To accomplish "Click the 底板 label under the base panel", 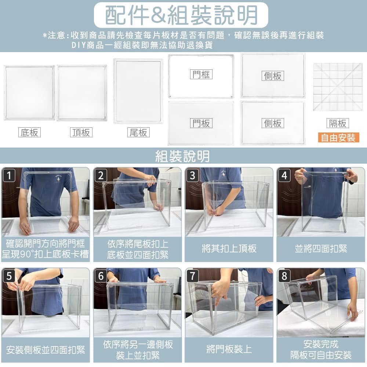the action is pyautogui.click(x=29, y=132).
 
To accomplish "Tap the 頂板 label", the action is pyautogui.click(x=81, y=132).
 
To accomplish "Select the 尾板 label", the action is pyautogui.click(x=138, y=132).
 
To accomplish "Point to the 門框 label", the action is pyautogui.click(x=201, y=75).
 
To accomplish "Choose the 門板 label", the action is pyautogui.click(x=201, y=123).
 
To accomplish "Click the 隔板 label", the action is pyautogui.click(x=338, y=123).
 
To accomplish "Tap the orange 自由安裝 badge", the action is pyautogui.click(x=338, y=138).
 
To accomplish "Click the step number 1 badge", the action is pyautogui.click(x=9, y=175).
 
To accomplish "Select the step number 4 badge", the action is pyautogui.click(x=284, y=175).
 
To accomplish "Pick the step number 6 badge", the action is pyautogui.click(x=101, y=276).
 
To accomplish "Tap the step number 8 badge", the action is pyautogui.click(x=284, y=276).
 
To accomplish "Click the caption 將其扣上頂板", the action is pyautogui.click(x=229, y=249).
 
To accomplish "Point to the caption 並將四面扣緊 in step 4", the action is pyautogui.click(x=321, y=249).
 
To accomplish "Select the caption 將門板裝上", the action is pyautogui.click(x=229, y=349).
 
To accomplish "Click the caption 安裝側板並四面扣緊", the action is pyautogui.click(x=46, y=350).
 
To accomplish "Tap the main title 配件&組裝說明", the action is pyautogui.click(x=181, y=15).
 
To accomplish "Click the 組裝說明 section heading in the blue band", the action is pyautogui.click(x=182, y=156).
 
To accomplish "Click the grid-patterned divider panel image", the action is pyautogui.click(x=338, y=87).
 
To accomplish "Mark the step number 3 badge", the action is pyautogui.click(x=192, y=175).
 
